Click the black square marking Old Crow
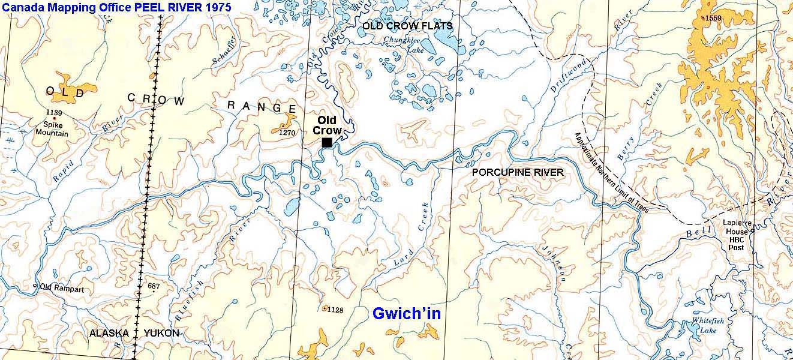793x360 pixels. point(327,142)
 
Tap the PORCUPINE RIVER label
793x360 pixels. point(518,173)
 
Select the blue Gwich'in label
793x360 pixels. point(407,313)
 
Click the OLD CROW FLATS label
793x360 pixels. point(407,26)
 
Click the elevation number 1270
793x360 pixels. point(289,133)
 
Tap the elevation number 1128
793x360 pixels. point(335,310)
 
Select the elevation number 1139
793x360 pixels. point(54,113)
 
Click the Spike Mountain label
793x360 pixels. point(55,130)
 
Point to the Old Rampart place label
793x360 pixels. point(62,289)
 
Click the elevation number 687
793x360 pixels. point(154,287)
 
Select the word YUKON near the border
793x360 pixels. point(161,333)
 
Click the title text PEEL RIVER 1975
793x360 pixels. point(179,9)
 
